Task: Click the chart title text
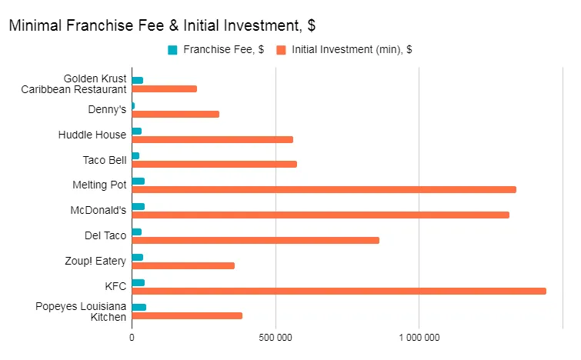162,25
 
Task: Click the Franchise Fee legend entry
222,50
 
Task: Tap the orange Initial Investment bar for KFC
339,291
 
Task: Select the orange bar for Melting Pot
323,189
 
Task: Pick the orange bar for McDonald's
320,215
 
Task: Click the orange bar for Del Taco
255,240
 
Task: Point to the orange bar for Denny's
175,114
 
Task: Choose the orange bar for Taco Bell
214,164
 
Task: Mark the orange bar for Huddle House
212,139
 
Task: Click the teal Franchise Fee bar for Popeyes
139,307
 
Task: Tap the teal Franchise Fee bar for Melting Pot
139,182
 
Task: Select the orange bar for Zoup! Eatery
183,265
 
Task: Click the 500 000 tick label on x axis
275,337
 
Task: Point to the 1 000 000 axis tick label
419,337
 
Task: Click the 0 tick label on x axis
132,337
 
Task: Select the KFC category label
115,286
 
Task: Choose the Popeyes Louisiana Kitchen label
81,312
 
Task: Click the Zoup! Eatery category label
95,261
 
